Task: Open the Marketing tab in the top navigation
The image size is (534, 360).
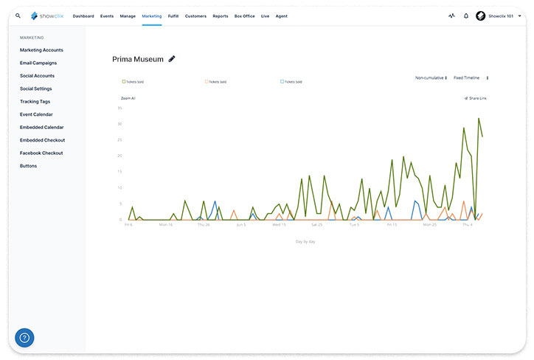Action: click(x=151, y=15)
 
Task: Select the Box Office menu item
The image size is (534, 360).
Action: click(x=244, y=15)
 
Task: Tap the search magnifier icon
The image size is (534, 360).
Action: click(x=18, y=15)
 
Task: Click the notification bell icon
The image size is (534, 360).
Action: click(x=466, y=15)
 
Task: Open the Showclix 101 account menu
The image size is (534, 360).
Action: click(x=499, y=15)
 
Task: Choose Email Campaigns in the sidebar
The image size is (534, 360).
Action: click(x=38, y=63)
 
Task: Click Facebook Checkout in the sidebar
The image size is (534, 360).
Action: click(x=41, y=153)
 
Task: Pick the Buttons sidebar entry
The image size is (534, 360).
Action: click(x=28, y=166)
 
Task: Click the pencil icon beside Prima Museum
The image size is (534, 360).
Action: click(x=172, y=58)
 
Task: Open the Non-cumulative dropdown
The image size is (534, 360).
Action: click(x=431, y=77)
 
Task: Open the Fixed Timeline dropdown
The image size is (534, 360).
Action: click(x=471, y=77)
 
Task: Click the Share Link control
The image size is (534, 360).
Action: click(x=476, y=97)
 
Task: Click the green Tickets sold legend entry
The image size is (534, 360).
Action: click(x=133, y=82)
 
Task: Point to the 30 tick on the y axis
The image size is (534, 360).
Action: click(x=119, y=123)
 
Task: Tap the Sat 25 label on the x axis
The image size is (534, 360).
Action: click(x=316, y=224)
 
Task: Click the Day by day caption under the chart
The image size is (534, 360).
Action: click(x=305, y=240)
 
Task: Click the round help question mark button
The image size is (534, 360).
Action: click(x=24, y=338)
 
